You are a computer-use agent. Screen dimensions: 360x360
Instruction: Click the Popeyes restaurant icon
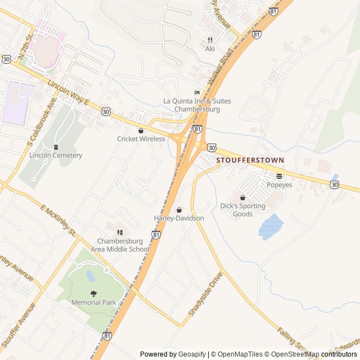pyautogui.click(x=279, y=176)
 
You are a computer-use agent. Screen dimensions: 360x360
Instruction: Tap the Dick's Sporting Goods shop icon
pyautogui.click(x=242, y=198)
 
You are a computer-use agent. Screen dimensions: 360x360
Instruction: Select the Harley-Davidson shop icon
pyautogui.click(x=179, y=210)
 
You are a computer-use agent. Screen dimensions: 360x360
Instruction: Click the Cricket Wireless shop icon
pyautogui.click(x=141, y=130)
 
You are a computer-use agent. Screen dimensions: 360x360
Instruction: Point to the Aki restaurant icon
pyautogui.click(x=210, y=40)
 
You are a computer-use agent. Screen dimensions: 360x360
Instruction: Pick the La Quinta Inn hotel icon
pyautogui.click(x=197, y=93)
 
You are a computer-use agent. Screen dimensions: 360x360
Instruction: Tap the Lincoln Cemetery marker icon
pyautogui.click(x=56, y=147)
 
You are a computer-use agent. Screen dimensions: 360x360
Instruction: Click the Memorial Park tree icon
pyautogui.click(x=93, y=294)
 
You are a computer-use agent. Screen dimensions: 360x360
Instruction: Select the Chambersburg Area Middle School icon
pyautogui.click(x=119, y=232)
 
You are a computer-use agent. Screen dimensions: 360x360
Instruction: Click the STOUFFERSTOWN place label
pyautogui.click(x=250, y=160)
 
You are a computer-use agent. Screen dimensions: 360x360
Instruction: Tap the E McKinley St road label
pyautogui.click(x=58, y=220)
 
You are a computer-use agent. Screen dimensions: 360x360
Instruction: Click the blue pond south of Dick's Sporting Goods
pyautogui.click(x=271, y=226)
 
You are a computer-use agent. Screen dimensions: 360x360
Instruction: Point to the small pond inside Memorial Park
pyautogui.click(x=90, y=276)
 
